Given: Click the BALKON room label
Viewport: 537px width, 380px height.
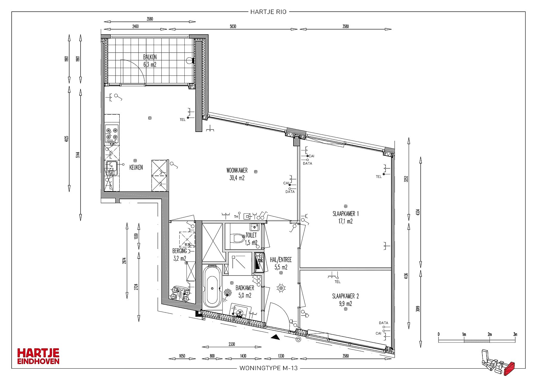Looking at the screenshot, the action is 150,57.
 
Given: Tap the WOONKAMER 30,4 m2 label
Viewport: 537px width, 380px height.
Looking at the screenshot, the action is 237,174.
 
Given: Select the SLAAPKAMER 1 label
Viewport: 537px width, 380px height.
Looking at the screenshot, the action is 345,214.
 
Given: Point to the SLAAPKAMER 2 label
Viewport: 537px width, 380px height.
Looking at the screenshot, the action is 345,296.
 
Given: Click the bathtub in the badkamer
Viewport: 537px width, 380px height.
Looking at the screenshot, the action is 212,287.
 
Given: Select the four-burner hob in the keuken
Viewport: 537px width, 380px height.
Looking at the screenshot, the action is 112,134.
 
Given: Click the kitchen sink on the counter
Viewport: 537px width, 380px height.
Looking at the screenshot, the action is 112,168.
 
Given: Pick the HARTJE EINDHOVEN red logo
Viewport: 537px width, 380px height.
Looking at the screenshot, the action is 38,356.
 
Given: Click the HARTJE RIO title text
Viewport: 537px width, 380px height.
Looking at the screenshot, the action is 268,12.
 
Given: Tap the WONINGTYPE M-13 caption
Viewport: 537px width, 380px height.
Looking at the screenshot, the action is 268,368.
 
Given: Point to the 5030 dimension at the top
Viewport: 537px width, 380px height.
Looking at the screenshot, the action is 233,26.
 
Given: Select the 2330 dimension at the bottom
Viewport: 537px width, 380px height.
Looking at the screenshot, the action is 232,344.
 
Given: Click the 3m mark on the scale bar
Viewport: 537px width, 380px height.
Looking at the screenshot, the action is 515,334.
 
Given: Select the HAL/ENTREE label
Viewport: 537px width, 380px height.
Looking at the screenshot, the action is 281,260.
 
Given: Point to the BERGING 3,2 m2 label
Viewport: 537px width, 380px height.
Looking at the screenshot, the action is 180,255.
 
